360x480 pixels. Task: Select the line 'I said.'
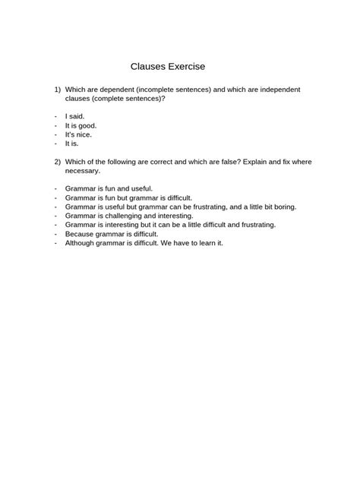[75, 115]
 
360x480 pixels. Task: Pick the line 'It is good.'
[81, 125]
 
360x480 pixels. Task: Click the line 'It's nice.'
[78, 134]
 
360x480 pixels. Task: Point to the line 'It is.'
[72, 143]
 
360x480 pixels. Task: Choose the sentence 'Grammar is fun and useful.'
[109, 188]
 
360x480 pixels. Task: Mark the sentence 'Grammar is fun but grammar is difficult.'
[128, 197]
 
